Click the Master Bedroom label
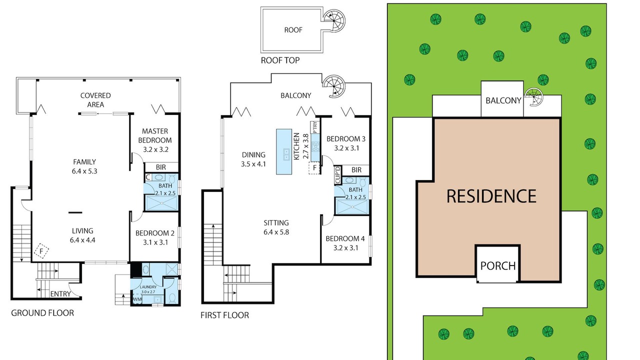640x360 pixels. (x=155, y=135)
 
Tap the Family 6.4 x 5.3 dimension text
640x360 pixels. (x=84, y=171)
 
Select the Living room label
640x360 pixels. (x=82, y=230)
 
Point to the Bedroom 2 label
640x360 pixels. (x=155, y=233)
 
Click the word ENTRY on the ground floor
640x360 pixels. (x=60, y=294)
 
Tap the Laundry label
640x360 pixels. (x=148, y=287)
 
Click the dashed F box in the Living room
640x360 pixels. (x=41, y=251)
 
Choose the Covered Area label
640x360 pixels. (x=95, y=100)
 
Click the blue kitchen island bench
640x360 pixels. (x=284, y=151)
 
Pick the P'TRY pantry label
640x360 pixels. (x=315, y=127)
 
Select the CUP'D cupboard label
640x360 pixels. (x=337, y=175)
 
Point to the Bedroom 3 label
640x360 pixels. (x=346, y=139)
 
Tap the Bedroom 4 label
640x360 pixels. (x=345, y=238)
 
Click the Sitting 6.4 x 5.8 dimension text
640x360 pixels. (x=276, y=232)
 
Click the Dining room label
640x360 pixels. (x=253, y=155)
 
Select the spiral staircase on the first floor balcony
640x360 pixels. (x=333, y=86)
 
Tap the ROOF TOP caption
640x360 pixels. (x=280, y=60)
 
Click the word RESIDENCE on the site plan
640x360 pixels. (x=491, y=196)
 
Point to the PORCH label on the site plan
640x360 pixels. (x=498, y=266)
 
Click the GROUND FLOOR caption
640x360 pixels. (x=42, y=313)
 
